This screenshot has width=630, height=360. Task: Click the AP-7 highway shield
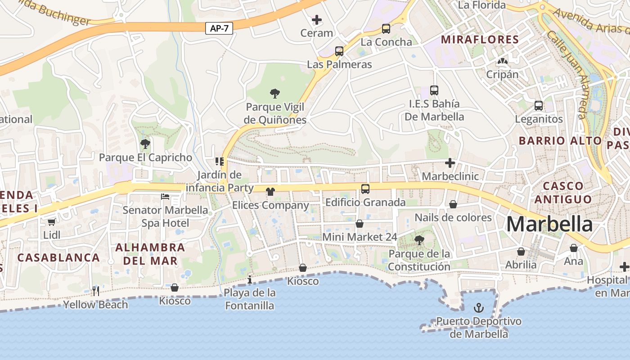pyautogui.click(x=220, y=28)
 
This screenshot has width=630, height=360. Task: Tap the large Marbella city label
pyautogui.click(x=549, y=224)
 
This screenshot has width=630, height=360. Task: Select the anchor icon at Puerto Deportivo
pyautogui.click(x=479, y=308)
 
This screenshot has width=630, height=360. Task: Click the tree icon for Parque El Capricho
pyautogui.click(x=145, y=144)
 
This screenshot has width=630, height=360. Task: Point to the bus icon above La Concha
pyautogui.click(x=386, y=29)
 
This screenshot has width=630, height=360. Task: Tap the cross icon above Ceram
pyautogui.click(x=317, y=20)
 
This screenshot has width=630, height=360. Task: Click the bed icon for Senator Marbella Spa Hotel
pyautogui.click(x=165, y=197)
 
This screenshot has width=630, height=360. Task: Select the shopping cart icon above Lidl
pyautogui.click(x=51, y=222)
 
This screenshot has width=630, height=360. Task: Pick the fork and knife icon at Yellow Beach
pyautogui.click(x=95, y=291)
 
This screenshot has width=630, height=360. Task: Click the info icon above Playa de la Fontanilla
pyautogui.click(x=250, y=280)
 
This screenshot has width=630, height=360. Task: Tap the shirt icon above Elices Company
pyautogui.click(x=270, y=192)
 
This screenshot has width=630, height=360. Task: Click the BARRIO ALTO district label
pyautogui.click(x=560, y=140)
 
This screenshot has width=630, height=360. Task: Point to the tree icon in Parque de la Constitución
pyautogui.click(x=419, y=240)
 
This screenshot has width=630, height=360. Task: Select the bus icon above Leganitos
pyautogui.click(x=538, y=106)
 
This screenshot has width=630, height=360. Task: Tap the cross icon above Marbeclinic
pyautogui.click(x=450, y=163)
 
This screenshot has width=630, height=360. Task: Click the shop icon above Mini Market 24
pyautogui.click(x=359, y=224)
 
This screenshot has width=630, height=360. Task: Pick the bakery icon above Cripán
pyautogui.click(x=502, y=61)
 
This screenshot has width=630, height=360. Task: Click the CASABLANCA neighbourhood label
pyautogui.click(x=58, y=258)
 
